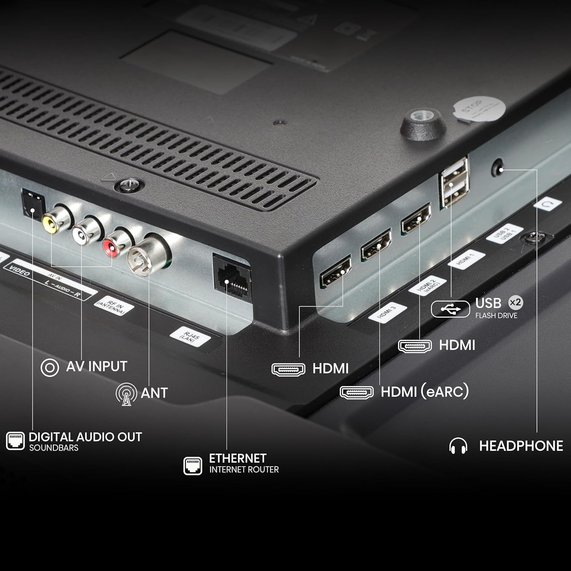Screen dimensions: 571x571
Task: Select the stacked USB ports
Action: pyautogui.click(x=454, y=183)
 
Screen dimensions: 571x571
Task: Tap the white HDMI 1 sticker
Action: pyautogui.click(x=466, y=260)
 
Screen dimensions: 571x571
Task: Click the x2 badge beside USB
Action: pyautogui.click(x=515, y=303)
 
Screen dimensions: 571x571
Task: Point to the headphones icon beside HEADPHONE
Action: pyautogui.click(x=458, y=446)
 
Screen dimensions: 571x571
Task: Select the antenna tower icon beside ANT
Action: pyautogui.click(x=126, y=394)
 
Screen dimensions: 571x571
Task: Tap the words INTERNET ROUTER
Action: pyautogui.click(x=244, y=470)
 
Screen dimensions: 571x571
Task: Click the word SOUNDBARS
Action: pyautogui.click(x=54, y=448)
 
